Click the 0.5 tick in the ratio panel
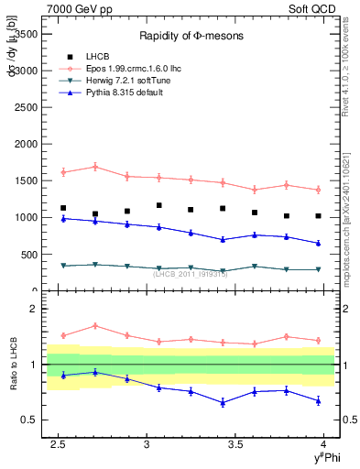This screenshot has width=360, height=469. coord(30,420)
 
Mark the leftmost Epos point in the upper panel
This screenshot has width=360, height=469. coord(63,172)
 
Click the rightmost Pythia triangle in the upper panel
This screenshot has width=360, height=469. coord(318,243)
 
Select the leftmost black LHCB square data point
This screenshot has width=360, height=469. coord(63,208)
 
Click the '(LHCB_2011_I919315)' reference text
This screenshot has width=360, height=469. coord(191,273)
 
